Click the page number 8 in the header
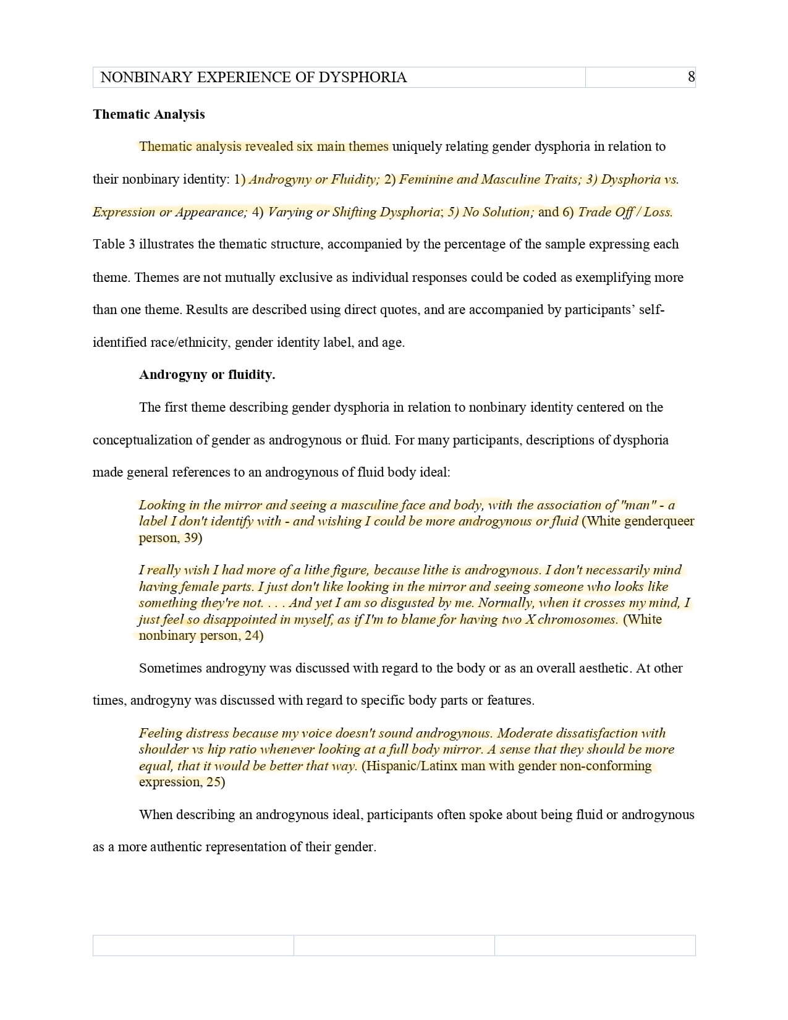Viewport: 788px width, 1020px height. (691, 77)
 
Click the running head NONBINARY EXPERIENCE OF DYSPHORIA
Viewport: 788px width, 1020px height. (253, 77)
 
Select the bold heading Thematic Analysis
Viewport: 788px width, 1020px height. (149, 114)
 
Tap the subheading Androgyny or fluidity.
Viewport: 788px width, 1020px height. (207, 375)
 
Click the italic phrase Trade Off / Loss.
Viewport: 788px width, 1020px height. (625, 212)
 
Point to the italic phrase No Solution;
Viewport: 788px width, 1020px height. (498, 212)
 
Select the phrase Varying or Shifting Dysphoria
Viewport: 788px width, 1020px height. (354, 212)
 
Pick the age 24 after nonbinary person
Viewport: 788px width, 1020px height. (252, 635)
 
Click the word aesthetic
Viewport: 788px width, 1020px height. (599, 668)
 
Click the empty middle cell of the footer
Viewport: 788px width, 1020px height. (394, 945)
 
